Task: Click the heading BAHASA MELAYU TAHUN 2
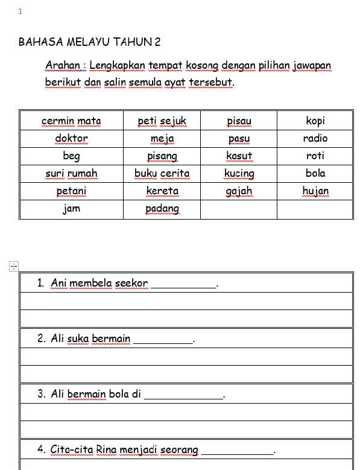(x=90, y=42)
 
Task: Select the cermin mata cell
(x=71, y=121)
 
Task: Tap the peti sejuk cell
(x=162, y=121)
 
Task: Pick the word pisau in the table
(x=239, y=121)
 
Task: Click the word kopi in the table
(x=315, y=121)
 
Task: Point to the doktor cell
(x=71, y=139)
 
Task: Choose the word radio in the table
(x=315, y=138)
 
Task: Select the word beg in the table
(x=71, y=156)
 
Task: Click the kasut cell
(x=239, y=156)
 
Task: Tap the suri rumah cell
(x=71, y=174)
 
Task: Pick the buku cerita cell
(x=162, y=174)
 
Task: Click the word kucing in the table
(x=239, y=174)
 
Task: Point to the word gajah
(x=239, y=191)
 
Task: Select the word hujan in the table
(x=315, y=191)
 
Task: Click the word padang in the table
(x=162, y=209)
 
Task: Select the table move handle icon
(x=14, y=266)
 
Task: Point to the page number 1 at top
(x=21, y=11)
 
